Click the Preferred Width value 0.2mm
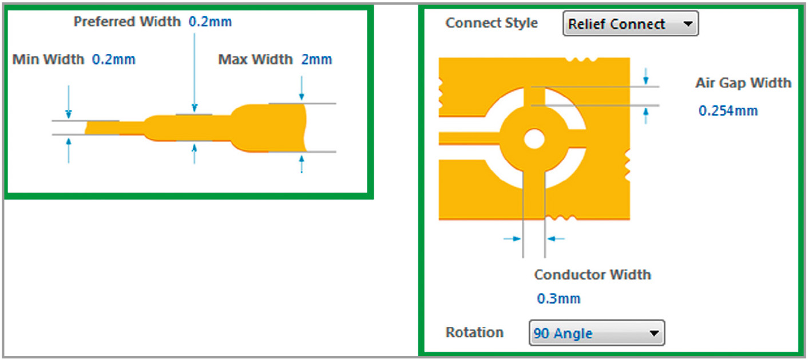(210, 22)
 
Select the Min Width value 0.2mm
(114, 60)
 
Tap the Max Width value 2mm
(316, 60)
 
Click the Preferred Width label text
(127, 22)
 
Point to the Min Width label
(48, 60)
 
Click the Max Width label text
(255, 60)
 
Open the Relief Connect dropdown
(631, 24)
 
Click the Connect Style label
(492, 23)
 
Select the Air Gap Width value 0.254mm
(728, 110)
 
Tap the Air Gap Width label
(743, 83)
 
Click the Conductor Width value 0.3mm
(559, 299)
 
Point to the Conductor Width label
(593, 275)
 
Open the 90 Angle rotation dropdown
(597, 333)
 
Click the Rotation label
(474, 332)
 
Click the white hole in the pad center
(534, 139)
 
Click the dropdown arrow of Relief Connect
(688, 24)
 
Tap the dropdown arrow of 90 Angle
(654, 333)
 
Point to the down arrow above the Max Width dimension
(302, 88)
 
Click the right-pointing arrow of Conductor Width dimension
(512, 239)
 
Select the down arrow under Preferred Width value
(195, 73)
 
